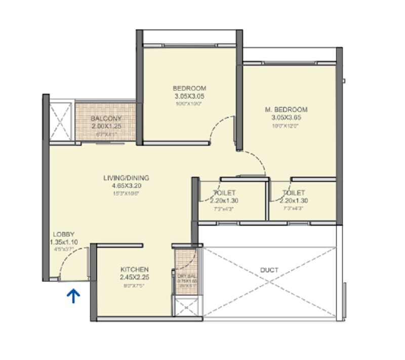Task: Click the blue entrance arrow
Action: tap(74, 296)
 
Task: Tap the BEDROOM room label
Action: tap(189, 87)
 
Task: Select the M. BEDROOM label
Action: tap(286, 109)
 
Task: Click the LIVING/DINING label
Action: tap(126, 178)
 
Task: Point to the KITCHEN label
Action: tap(134, 269)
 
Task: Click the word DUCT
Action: tap(270, 270)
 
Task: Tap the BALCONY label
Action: tap(106, 119)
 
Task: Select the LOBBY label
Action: tap(64, 234)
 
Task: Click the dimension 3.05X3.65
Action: tap(286, 118)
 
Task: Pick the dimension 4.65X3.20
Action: tap(126, 186)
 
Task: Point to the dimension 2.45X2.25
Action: tap(134, 277)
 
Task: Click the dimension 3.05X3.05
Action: tap(189, 95)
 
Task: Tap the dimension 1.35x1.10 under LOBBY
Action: tap(63, 243)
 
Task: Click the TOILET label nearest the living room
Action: tap(224, 193)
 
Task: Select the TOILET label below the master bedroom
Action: tap(294, 193)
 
